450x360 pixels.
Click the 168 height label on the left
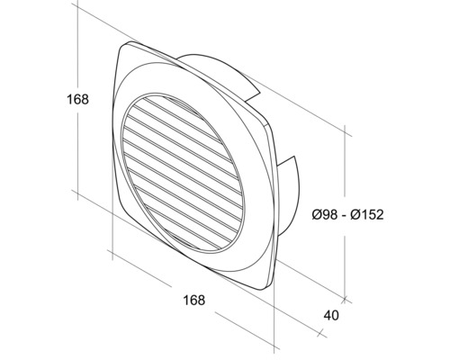click(x=77, y=100)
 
